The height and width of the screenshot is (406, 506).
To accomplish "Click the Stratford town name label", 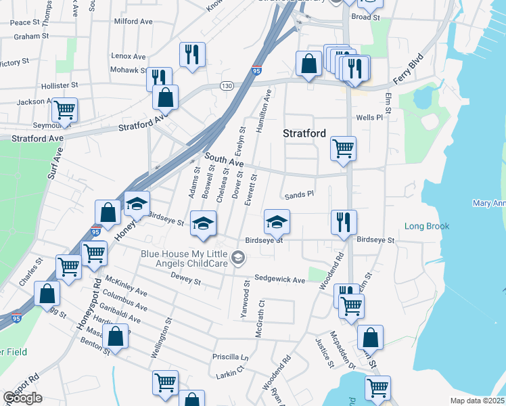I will click(x=304, y=133).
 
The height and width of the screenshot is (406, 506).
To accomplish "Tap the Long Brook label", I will click(x=427, y=226).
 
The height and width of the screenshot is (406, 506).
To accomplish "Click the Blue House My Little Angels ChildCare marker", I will click(x=237, y=257).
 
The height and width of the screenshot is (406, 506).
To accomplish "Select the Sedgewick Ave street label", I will click(x=279, y=278).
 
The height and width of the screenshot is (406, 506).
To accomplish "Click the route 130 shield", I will click(x=227, y=86).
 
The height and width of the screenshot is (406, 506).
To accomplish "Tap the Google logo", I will click(x=22, y=399).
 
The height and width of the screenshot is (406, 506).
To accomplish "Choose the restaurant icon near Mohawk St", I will click(x=159, y=78).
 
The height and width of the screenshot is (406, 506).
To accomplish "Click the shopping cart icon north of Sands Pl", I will click(x=343, y=147).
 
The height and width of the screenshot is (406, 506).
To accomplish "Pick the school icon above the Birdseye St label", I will click(x=276, y=221).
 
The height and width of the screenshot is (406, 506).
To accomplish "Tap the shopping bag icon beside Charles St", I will click(x=47, y=294).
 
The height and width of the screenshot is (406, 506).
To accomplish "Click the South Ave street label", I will click(x=224, y=160).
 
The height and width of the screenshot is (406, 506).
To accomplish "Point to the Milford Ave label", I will click(x=133, y=22).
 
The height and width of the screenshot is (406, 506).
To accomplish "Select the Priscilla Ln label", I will click(x=231, y=357).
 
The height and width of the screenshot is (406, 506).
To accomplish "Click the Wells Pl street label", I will click(x=369, y=117).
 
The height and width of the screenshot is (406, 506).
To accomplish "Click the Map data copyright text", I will click(x=478, y=401).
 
